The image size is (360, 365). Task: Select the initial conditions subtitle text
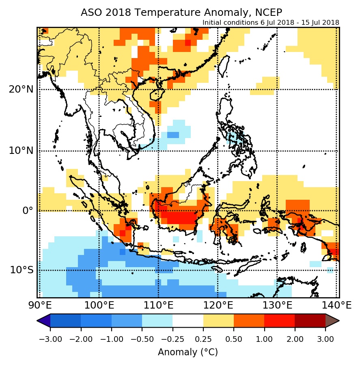click(x=271, y=22)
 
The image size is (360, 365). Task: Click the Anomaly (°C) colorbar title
click(x=188, y=352)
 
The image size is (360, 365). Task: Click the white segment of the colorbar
click(x=188, y=321)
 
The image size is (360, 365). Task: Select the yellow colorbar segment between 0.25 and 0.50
click(x=218, y=321)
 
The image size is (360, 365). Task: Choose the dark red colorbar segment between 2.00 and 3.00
click(x=310, y=321)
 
